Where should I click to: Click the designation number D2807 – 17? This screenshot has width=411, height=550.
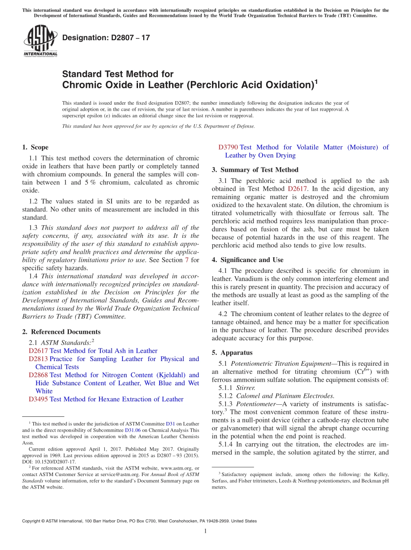(106, 38)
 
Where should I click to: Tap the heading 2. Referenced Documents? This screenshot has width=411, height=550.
(61, 332)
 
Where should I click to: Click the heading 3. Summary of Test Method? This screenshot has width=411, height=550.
(255, 170)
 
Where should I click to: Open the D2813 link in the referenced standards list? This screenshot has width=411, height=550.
(38, 359)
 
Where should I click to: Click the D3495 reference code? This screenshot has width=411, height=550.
(38, 399)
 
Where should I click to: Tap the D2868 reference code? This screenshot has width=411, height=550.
(38, 375)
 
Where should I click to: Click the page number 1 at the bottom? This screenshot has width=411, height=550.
(205, 531)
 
